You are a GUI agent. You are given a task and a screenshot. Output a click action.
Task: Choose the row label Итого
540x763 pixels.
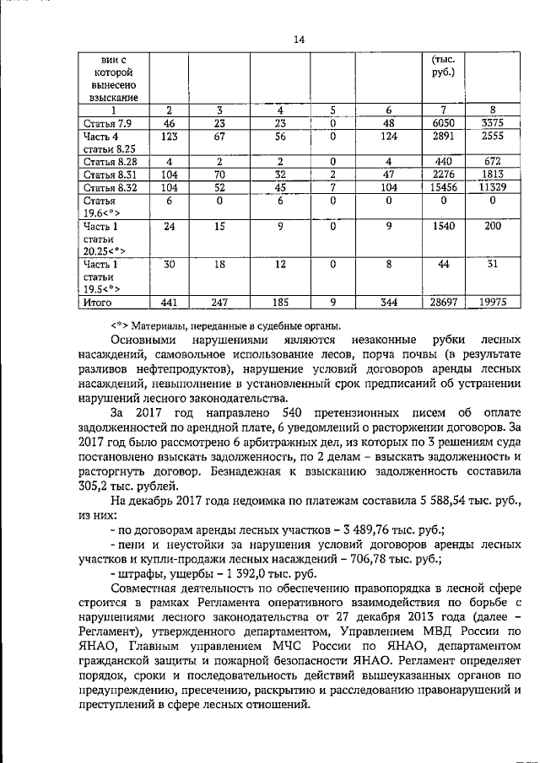[101, 302]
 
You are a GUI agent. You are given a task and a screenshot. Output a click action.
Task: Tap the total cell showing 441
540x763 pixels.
[170, 302]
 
